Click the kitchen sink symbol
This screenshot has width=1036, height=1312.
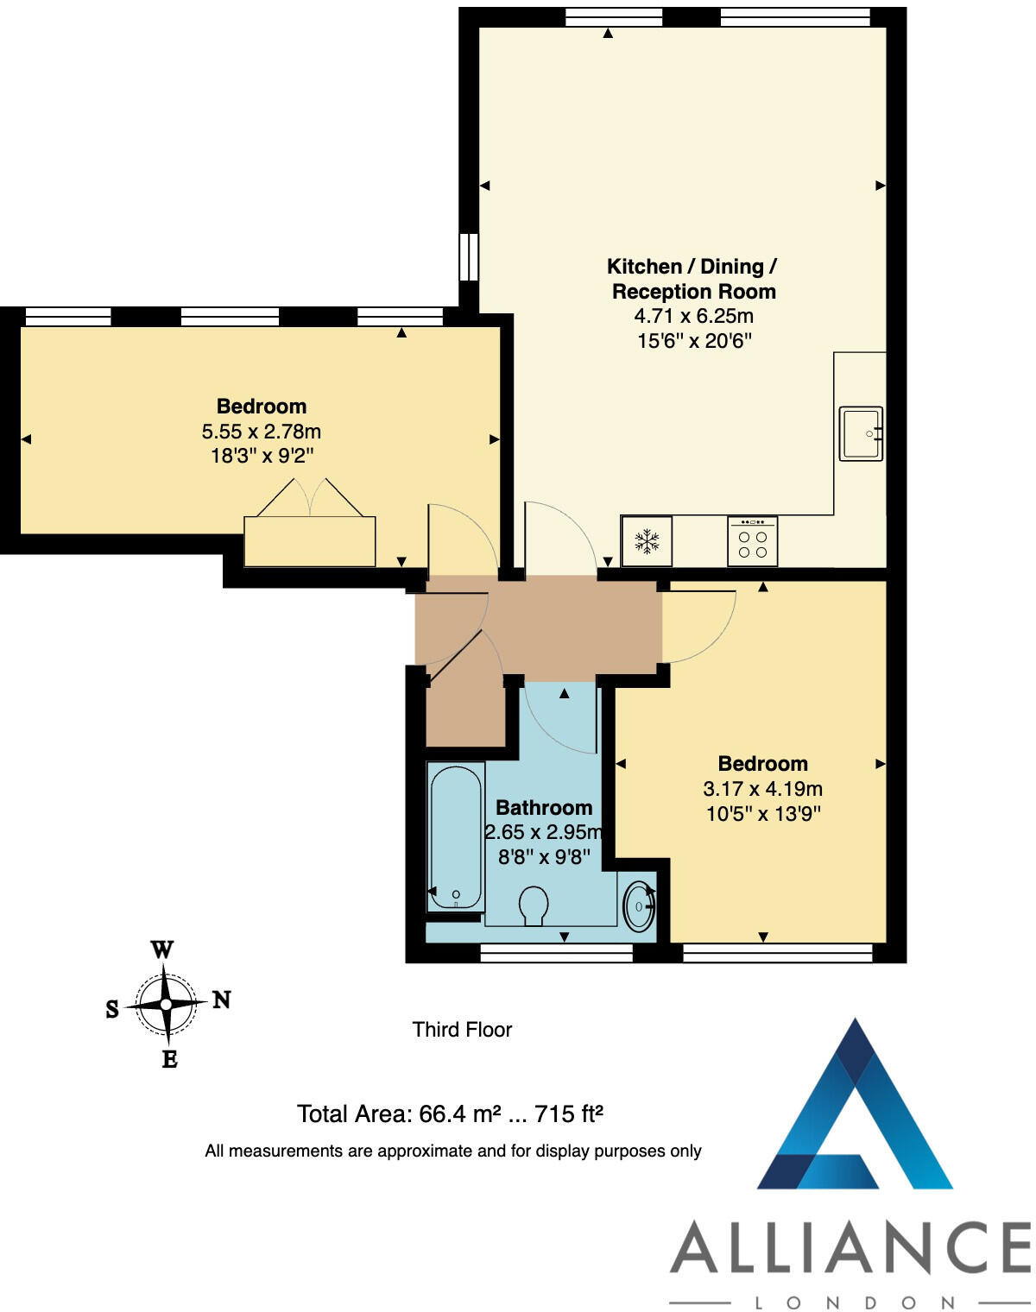(861, 433)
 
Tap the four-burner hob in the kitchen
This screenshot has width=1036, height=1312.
(752, 541)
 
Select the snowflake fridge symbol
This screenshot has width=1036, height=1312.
(647, 541)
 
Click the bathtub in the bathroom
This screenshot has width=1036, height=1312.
(455, 835)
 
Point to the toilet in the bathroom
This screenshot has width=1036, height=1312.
(534, 905)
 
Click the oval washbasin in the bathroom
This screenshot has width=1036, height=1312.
(639, 905)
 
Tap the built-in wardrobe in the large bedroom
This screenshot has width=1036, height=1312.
(309, 541)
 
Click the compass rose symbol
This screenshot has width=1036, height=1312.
(164, 1004)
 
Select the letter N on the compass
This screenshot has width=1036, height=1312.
(222, 1000)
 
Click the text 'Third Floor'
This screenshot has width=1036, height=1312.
(462, 1030)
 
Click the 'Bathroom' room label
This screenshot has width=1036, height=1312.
(544, 808)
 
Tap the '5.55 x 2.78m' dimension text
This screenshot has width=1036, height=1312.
(261, 432)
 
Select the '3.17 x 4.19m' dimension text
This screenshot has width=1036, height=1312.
(762, 789)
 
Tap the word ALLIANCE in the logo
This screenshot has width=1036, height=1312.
(850, 1247)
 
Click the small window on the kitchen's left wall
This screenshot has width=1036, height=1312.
(468, 256)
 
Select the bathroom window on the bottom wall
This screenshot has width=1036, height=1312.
(556, 952)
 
